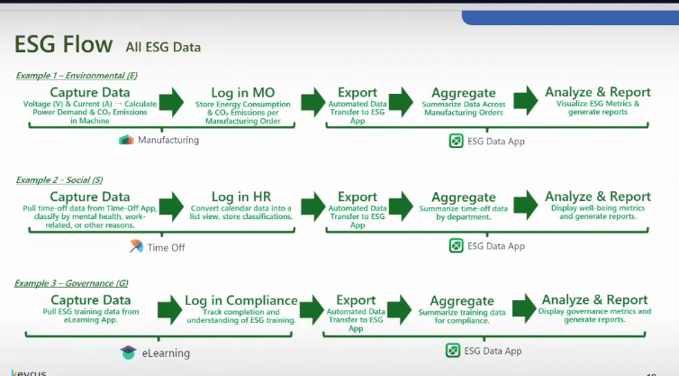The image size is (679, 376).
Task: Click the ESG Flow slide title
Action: pos(64,44)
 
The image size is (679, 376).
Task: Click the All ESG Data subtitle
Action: pos(163,46)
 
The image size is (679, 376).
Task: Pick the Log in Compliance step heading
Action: pos(241,300)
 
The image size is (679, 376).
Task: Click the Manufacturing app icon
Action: pos(125,140)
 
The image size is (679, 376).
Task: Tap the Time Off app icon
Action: pos(136,246)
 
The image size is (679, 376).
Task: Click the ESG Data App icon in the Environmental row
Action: pos(456,140)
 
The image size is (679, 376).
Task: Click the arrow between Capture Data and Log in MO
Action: pos(171,101)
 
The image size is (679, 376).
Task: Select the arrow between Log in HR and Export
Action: pos(312,204)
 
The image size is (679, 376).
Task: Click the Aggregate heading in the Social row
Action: pos(463,197)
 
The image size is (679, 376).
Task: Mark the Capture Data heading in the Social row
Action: pos(89,197)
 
